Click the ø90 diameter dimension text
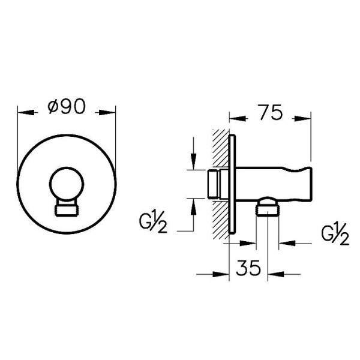(x=67, y=107)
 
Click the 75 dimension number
(x=270, y=112)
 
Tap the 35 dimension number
(x=248, y=268)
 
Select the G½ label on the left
(x=153, y=223)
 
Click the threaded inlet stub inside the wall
(x=214, y=184)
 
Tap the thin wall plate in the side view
(x=232, y=184)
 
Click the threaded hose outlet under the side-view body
(x=268, y=208)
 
